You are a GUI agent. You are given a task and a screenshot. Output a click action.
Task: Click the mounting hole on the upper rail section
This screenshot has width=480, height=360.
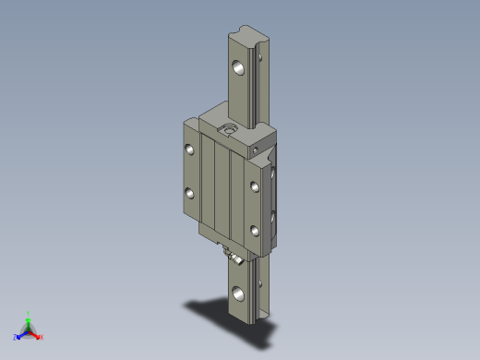pyautogui.click(x=239, y=67)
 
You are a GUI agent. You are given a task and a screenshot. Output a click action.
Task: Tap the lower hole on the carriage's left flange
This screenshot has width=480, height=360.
pyautogui.click(x=188, y=193)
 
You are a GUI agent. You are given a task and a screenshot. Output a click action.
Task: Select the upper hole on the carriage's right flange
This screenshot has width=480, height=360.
pyautogui.click(x=255, y=187)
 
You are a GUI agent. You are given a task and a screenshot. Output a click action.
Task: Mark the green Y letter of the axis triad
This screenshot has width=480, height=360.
pyautogui.click(x=29, y=313)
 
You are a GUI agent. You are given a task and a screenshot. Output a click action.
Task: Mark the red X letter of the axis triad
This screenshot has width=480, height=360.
pyautogui.click(x=41, y=337)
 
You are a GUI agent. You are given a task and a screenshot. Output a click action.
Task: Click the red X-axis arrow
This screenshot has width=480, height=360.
pyautogui.click(x=35, y=333)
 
